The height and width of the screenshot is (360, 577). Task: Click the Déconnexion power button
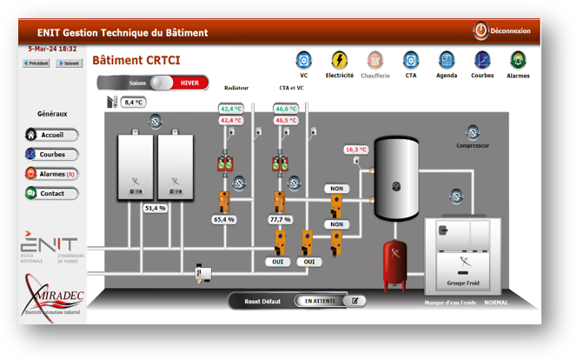tap(481, 30)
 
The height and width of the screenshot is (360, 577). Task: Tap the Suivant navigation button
tap(70, 63)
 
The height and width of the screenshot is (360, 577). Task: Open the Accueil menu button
tap(52, 135)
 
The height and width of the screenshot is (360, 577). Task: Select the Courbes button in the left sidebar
tap(52, 154)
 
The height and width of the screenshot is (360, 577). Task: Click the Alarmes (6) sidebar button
tap(52, 174)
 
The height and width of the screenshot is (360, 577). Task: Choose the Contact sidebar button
tap(52, 193)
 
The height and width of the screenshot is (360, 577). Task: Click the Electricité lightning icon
tap(340, 60)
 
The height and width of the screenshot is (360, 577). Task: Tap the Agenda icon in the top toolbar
tap(447, 60)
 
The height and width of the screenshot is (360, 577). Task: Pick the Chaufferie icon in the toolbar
tap(375, 60)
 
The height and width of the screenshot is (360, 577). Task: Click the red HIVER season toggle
tap(189, 83)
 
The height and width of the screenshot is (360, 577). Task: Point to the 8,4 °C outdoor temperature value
tap(133, 103)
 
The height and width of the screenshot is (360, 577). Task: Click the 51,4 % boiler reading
tap(155, 209)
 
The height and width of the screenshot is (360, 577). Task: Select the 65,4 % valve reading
tap(224, 220)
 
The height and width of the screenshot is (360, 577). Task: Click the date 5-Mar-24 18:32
tap(52, 50)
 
